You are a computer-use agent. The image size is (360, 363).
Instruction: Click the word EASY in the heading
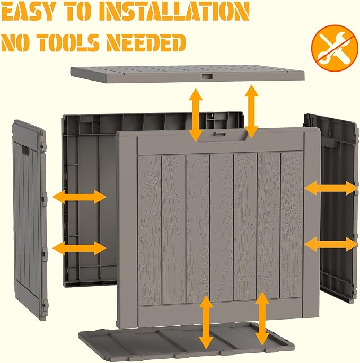[x=28, y=12]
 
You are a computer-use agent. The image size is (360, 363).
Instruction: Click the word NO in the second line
[x=16, y=42]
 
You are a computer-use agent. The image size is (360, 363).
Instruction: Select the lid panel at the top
[x=187, y=74]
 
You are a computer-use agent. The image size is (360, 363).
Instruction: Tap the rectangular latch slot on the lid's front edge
[x=207, y=76]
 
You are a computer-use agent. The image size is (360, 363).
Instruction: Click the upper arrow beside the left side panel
[x=79, y=197]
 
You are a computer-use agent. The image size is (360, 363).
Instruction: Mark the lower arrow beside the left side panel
[x=79, y=248]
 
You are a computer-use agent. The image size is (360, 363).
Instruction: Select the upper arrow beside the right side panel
[x=331, y=188]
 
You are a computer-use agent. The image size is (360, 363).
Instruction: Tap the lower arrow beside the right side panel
[x=331, y=244]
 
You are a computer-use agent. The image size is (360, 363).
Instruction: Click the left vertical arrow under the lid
[x=196, y=116]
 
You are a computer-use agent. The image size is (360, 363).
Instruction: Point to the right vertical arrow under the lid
[x=252, y=112]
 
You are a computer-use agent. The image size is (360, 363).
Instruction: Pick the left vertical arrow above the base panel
[x=206, y=323]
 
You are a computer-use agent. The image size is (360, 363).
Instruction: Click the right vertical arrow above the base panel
[x=262, y=318]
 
